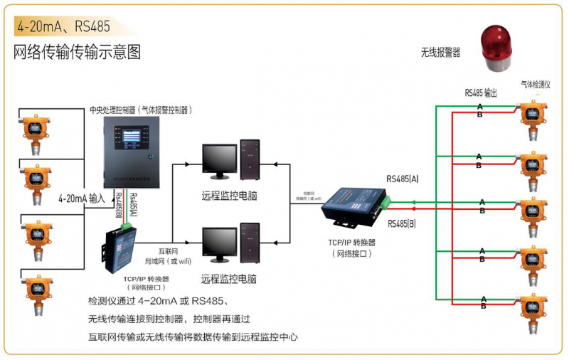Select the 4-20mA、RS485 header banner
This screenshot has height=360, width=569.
tap(64, 27)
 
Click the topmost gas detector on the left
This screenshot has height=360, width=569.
tap(34, 131)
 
